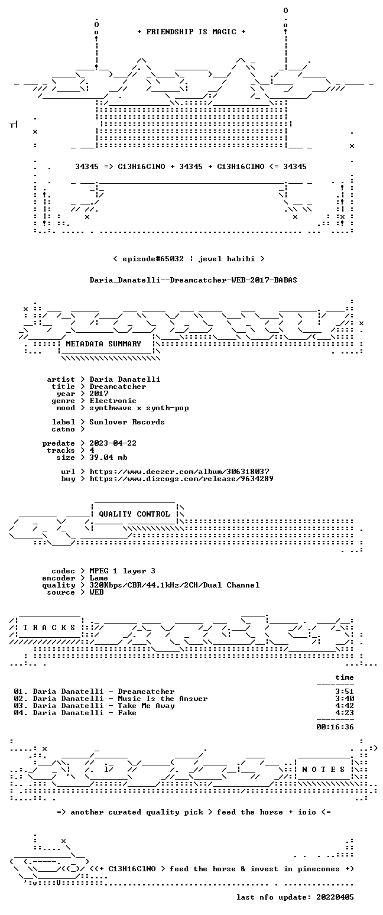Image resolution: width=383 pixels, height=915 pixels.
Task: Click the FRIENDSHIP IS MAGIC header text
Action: click(191, 32)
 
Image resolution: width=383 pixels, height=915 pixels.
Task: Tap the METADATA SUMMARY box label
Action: click(103, 344)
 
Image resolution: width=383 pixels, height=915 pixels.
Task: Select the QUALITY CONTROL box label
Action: click(134, 514)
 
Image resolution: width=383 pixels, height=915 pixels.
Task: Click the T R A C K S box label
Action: click(49, 627)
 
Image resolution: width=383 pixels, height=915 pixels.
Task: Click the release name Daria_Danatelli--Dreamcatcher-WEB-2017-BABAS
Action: click(193, 280)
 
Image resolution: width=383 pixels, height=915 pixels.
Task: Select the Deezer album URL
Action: click(179, 472)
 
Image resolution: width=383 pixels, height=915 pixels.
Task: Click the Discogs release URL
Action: click(181, 479)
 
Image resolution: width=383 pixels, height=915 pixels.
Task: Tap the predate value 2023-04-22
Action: click(113, 443)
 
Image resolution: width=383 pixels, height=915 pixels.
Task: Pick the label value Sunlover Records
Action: click(127, 422)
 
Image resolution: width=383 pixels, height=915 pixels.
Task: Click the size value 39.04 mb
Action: click(108, 458)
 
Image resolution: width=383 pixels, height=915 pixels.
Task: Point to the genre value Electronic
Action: click(113, 401)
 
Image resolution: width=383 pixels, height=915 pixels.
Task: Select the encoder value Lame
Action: click(99, 578)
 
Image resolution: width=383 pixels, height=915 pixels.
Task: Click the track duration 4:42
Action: click(345, 705)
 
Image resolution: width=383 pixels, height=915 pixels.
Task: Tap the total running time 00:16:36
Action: click(335, 726)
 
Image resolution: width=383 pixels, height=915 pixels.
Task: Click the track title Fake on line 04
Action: click(127, 713)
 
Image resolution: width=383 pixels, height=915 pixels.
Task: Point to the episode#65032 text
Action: click(153, 259)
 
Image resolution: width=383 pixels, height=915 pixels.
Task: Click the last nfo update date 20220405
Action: click(335, 897)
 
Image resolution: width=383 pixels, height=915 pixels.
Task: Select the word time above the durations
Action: click(345, 677)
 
